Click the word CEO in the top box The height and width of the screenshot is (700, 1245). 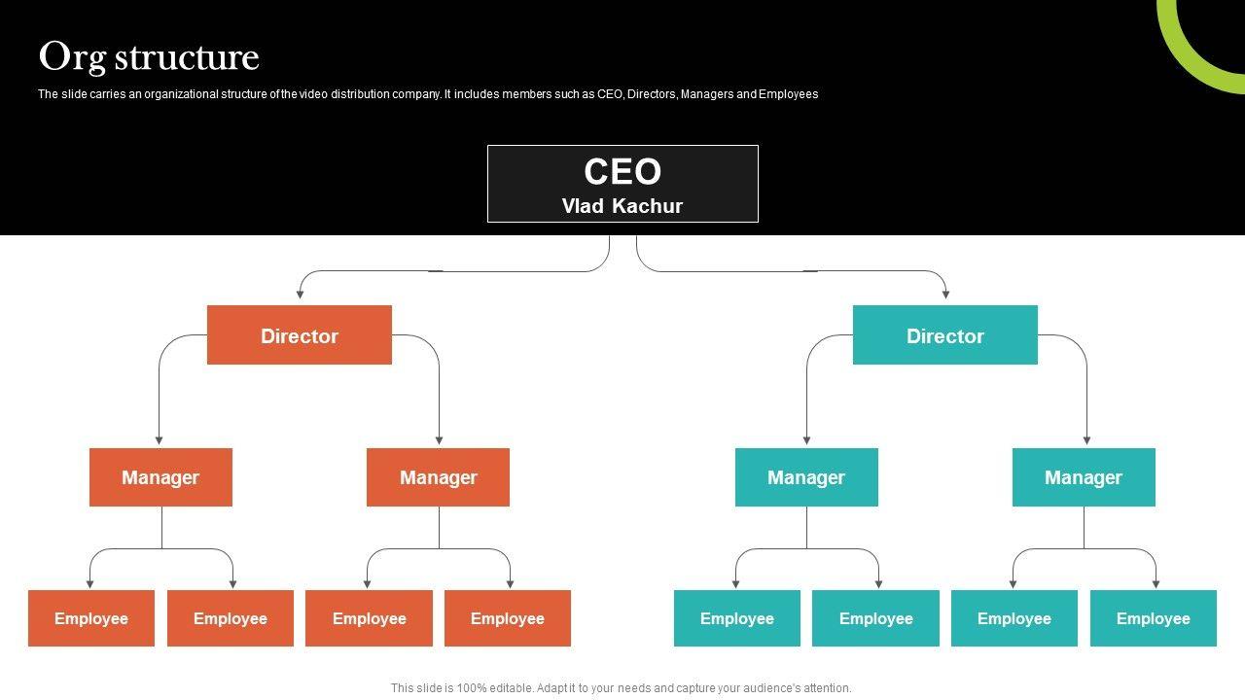click(x=622, y=172)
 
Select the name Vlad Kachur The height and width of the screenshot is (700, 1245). click(x=622, y=206)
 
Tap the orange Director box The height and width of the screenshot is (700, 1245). click(x=300, y=335)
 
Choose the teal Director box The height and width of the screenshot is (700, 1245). click(x=944, y=335)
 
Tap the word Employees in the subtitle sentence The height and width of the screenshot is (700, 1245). click(x=788, y=94)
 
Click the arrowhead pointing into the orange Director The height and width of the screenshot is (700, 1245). click(x=301, y=293)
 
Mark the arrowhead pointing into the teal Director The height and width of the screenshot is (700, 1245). click(x=945, y=293)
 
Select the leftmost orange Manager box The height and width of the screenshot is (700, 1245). click(x=160, y=477)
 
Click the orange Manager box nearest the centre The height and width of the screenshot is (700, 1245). click(x=438, y=477)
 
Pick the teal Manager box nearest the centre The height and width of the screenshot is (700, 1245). click(x=806, y=477)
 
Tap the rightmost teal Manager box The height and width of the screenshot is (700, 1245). click(x=1084, y=477)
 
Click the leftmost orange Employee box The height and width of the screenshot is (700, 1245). click(x=91, y=618)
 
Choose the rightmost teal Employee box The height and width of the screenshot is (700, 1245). click(x=1153, y=618)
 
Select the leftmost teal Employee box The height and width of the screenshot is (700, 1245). click(x=737, y=618)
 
